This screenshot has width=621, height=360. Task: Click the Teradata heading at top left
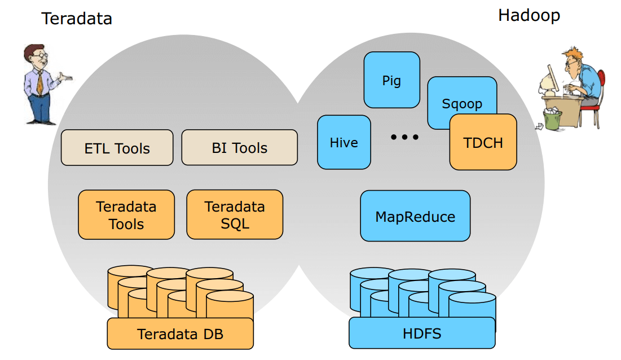(x=77, y=19)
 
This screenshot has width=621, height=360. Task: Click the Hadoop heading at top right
(x=528, y=15)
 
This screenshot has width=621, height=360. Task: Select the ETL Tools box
(x=117, y=148)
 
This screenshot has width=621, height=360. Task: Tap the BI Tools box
(x=239, y=148)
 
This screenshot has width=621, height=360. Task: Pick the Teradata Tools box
(x=126, y=215)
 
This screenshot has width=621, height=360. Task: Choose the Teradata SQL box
(x=235, y=214)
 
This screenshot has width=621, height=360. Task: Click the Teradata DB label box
(x=180, y=333)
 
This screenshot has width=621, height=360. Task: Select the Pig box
(x=391, y=80)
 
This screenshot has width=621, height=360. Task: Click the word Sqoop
(x=462, y=104)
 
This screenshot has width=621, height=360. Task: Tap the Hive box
(x=343, y=142)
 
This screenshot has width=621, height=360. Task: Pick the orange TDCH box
(x=483, y=142)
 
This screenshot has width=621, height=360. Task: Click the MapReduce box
(x=415, y=216)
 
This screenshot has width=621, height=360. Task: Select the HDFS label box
(x=422, y=333)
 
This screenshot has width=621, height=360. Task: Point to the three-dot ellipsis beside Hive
(x=405, y=137)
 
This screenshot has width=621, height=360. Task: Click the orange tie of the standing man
(x=40, y=82)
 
